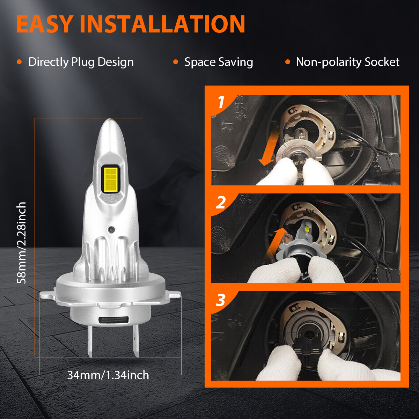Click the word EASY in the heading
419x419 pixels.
pos(44,24)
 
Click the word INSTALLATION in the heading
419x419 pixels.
pos(162,24)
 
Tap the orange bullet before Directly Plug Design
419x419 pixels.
pos(19,62)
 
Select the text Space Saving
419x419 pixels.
pos(219,62)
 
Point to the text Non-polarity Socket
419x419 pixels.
pos(347,62)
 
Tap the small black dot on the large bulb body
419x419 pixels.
pos(111,229)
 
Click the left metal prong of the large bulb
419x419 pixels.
pos(90,341)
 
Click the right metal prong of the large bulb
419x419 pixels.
pos(136,341)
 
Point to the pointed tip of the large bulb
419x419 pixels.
pos(110,119)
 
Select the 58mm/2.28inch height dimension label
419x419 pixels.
pos(22,243)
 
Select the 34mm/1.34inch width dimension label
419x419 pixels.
pos(108,375)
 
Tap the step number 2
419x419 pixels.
pos(221,202)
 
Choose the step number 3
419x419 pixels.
pos(220,300)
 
